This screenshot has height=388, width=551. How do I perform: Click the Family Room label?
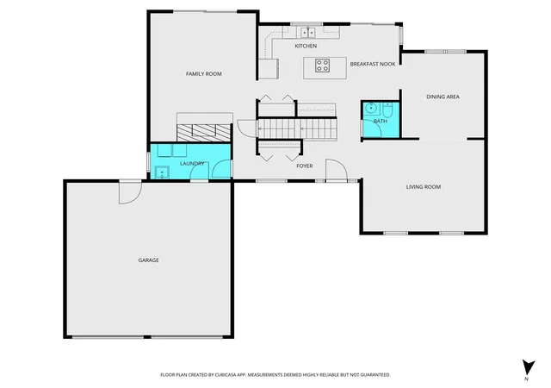click(x=204, y=74)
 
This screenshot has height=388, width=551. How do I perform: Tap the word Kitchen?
click(x=306, y=46)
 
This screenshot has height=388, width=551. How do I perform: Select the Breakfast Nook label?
click(x=373, y=64)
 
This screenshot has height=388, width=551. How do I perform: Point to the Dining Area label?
click(x=443, y=97)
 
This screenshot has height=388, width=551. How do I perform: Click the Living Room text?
click(x=424, y=187)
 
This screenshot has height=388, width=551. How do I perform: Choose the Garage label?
click(x=148, y=260)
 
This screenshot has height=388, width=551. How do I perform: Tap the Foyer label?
click(x=305, y=166)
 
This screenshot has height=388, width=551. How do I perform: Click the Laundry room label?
click(x=192, y=164)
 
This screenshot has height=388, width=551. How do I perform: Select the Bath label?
click(x=381, y=121)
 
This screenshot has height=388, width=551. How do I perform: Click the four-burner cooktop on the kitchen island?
click(x=322, y=66)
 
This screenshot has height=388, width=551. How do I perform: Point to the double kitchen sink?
click(x=308, y=33)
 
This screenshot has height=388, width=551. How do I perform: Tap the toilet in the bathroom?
click(x=387, y=110)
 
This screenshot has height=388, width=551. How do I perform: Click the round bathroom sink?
click(x=371, y=108)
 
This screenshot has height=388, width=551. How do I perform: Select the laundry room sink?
click(x=162, y=172)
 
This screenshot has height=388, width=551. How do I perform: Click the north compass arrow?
click(x=528, y=368)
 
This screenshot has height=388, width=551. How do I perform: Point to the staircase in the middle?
click(x=297, y=129)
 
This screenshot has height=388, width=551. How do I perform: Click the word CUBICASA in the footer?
click(x=226, y=375)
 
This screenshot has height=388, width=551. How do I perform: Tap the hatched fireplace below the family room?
click(x=203, y=133)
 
